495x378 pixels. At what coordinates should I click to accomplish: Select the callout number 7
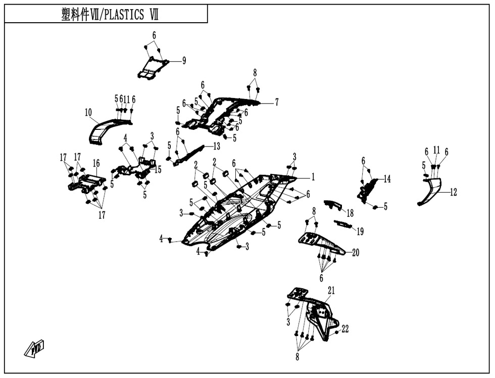[x=277, y=102]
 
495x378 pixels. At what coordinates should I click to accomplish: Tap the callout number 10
[x=88, y=112]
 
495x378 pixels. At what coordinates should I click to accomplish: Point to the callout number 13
[x=217, y=146]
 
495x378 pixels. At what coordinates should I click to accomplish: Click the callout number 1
[x=313, y=177]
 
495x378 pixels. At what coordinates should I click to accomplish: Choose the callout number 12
[x=454, y=192]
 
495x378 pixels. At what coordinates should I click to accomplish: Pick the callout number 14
[x=387, y=179]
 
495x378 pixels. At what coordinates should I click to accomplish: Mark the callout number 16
[x=96, y=163]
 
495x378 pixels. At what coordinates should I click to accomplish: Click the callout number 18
[x=350, y=213]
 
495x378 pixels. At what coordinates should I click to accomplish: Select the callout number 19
[x=360, y=231]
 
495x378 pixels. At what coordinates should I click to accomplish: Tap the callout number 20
[x=356, y=253]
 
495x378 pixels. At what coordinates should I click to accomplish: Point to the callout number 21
[x=331, y=291]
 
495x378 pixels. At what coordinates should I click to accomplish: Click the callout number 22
[x=345, y=329]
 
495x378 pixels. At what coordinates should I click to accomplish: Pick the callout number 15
[x=158, y=170]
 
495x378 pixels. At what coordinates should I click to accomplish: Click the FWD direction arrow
[x=34, y=349]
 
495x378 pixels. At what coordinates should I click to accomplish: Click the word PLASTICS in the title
[x=124, y=15]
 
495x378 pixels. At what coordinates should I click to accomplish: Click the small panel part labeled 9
[x=152, y=68]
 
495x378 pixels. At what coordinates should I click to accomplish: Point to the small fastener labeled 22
[x=336, y=333]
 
